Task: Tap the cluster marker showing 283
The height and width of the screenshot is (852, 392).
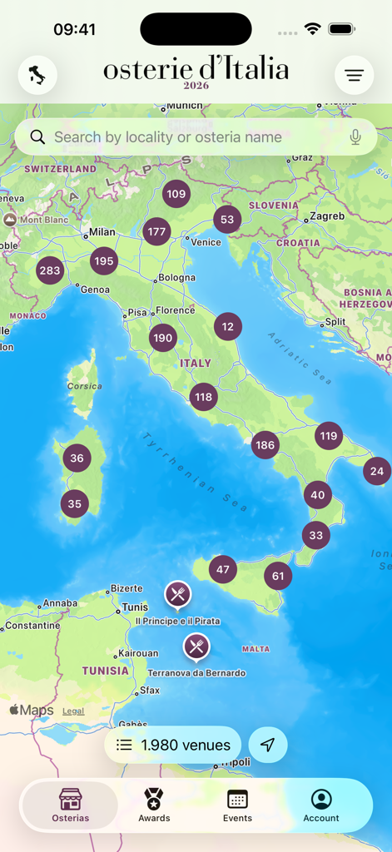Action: coord(50,270)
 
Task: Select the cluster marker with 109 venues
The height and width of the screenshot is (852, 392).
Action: coord(176,195)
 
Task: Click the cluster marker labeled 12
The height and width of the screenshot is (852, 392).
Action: coord(228,327)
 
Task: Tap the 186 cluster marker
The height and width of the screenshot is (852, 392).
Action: coord(265,445)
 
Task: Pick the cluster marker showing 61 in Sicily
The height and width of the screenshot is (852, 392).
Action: coord(278,576)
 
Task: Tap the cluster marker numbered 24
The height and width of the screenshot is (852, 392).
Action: coord(377,471)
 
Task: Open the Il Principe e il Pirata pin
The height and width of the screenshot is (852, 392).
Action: coord(177,594)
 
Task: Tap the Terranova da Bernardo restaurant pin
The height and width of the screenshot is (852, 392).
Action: coord(196,646)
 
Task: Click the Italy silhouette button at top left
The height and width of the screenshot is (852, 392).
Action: coord(37,76)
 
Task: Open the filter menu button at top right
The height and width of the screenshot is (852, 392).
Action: coord(354,76)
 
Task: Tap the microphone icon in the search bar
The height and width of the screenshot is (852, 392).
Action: coord(355,137)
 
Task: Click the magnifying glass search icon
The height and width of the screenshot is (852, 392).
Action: coord(37,137)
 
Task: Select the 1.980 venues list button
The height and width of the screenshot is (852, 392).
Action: coord(173,745)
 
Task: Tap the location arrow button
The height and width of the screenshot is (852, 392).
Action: coord(267,745)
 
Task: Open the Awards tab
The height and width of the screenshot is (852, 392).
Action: coord(154,805)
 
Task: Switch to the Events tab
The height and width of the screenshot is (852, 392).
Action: coord(237,805)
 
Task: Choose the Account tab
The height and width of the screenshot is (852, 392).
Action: coord(320,805)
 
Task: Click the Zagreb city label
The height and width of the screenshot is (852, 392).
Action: coord(327,216)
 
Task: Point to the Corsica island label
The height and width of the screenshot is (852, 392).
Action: coord(85,386)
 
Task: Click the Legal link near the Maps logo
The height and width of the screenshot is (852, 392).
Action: coord(73,711)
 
